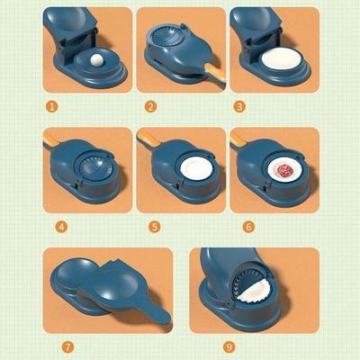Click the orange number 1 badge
pos(52,105)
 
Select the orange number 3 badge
pos(238,105)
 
